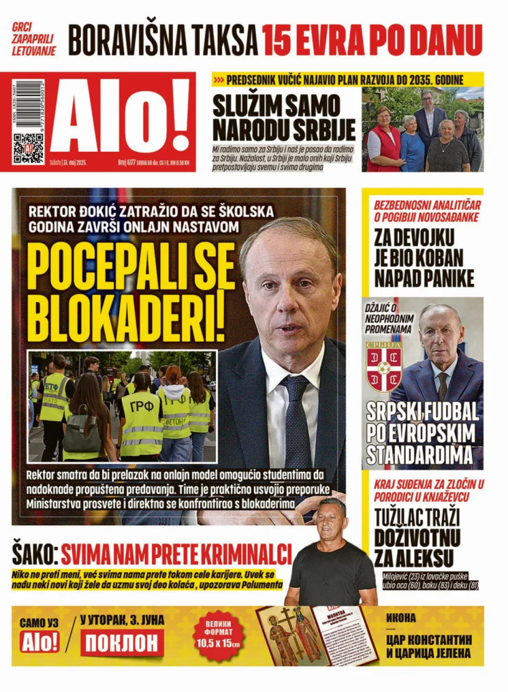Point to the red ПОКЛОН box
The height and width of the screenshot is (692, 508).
pyautogui.click(x=122, y=643)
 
